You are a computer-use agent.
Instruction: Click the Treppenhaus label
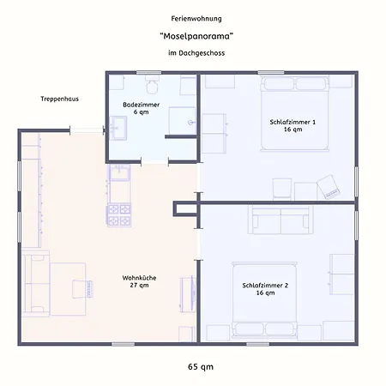pyautogui.click(x=59, y=99)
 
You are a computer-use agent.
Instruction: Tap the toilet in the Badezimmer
pyautogui.click(x=152, y=85)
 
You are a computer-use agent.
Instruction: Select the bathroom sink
pyautogui.click(x=118, y=128)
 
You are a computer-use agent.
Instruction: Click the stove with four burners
pyautogui.click(x=119, y=214)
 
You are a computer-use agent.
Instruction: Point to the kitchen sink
pyautogui.click(x=119, y=172)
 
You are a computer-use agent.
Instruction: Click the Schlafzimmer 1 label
pyautogui.click(x=293, y=125)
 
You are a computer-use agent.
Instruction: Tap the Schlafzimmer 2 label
pyautogui.click(x=265, y=289)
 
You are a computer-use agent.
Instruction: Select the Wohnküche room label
pyautogui.click(x=139, y=281)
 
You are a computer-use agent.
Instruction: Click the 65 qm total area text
pyautogui.click(x=201, y=366)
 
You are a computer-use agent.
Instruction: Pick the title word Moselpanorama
pyautogui.click(x=196, y=36)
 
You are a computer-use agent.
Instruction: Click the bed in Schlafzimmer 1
pyautogui.click(x=294, y=113)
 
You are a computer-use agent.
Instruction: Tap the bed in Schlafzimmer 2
pyautogui.click(x=264, y=300)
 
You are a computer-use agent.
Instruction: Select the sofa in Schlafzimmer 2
pyautogui.click(x=280, y=220)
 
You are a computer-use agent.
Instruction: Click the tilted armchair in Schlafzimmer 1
pyautogui.click(x=329, y=187)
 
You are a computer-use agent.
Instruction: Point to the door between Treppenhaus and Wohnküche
pyautogui.click(x=87, y=130)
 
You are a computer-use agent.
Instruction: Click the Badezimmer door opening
pyautogui.click(x=154, y=162)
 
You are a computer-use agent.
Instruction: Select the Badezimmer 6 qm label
pyautogui.click(x=142, y=108)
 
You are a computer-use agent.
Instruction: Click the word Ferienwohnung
pyautogui.click(x=196, y=19)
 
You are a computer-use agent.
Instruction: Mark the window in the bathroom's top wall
pyautogui.click(x=148, y=73)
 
